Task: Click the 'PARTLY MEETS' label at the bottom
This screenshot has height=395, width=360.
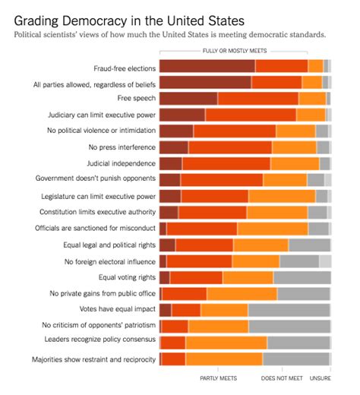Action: click(x=219, y=378)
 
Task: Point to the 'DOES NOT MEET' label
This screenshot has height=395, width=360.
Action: click(x=282, y=378)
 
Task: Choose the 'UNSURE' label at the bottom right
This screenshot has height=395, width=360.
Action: click(x=320, y=378)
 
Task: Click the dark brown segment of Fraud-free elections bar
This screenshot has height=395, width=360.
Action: click(x=207, y=66)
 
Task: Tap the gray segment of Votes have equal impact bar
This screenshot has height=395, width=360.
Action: click(x=289, y=310)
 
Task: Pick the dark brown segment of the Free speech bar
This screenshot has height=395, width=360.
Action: click(x=188, y=99)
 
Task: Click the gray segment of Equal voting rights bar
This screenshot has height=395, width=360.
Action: click(x=302, y=277)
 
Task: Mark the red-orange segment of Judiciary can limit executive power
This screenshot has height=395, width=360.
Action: click(x=250, y=115)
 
